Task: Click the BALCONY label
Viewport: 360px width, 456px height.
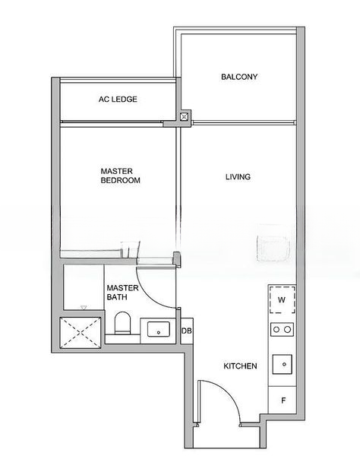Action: pyautogui.click(x=239, y=77)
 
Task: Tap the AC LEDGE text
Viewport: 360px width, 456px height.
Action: pyautogui.click(x=118, y=100)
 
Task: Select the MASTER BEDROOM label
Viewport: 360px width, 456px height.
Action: pyautogui.click(x=120, y=176)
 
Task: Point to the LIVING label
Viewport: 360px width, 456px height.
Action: pyautogui.click(x=238, y=177)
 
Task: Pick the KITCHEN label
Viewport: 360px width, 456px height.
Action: pyautogui.click(x=240, y=366)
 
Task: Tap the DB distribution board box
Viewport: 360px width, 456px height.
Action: pyautogui.click(x=186, y=331)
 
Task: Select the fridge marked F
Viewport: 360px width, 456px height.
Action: pyautogui.click(x=283, y=400)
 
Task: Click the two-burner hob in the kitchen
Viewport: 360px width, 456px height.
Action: pyautogui.click(x=282, y=330)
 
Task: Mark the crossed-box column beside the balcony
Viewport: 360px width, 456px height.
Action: pyautogui.click(x=184, y=117)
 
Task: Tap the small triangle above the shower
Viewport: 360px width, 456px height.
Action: pyautogui.click(x=84, y=307)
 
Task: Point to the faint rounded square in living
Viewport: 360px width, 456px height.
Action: pyautogui.click(x=272, y=248)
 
